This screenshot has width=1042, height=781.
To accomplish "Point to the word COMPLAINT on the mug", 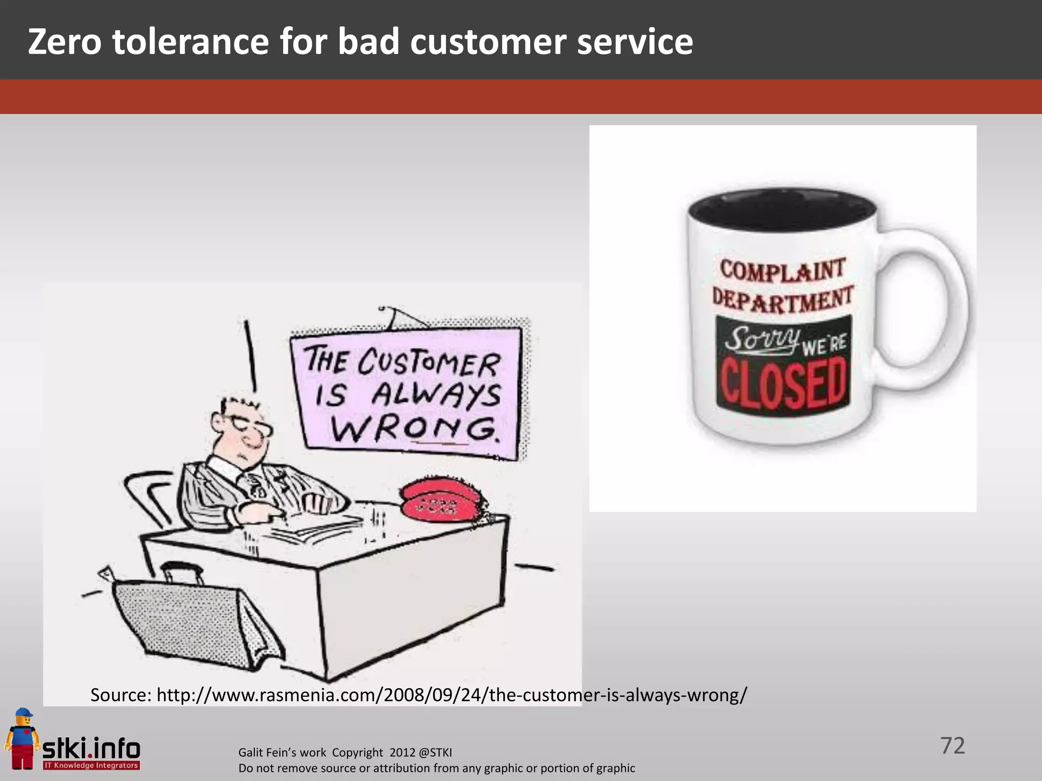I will tap(783, 269).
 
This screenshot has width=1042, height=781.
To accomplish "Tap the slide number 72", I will tap(952, 745).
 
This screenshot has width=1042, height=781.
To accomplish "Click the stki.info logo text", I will tap(91, 748).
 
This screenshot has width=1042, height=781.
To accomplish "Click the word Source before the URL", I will tap(121, 695).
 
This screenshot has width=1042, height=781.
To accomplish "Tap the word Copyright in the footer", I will tap(357, 753).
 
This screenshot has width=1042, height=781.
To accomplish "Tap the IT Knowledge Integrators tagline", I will tap(91, 765).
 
